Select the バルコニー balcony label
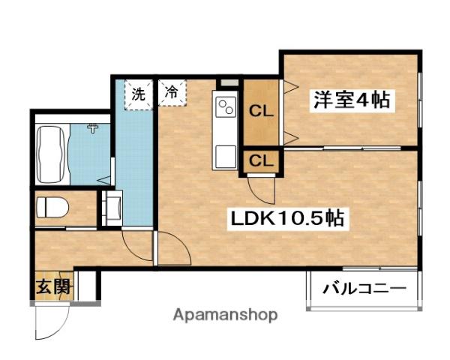(364, 288)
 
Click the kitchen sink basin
(225, 156)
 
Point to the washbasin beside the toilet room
(115, 206)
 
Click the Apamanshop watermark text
(225, 315)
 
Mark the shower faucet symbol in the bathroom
(93, 128)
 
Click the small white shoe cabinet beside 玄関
(86, 286)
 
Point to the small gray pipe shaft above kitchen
(224, 83)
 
